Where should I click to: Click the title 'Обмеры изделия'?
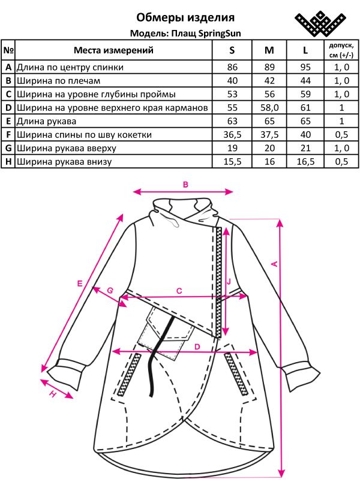[185, 17]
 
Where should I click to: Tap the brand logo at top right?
[320, 23]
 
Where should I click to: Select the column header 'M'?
[269, 50]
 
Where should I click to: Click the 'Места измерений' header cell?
[113, 50]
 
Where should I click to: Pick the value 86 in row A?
[232, 67]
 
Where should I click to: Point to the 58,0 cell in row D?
[269, 107]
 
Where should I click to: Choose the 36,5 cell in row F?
[232, 135]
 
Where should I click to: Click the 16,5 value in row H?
[305, 162]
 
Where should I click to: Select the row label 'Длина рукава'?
[46, 122]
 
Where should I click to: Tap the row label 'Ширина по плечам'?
[58, 81]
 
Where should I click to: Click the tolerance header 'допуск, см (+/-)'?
[341, 50]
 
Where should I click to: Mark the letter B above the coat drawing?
[185, 185]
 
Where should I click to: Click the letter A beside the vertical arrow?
[275, 263]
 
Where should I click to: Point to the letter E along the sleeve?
[80, 284]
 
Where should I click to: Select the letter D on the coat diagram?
[197, 347]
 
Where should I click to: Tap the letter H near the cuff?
[53, 394]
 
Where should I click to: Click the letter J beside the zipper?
[229, 282]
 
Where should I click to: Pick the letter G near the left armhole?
[110, 290]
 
